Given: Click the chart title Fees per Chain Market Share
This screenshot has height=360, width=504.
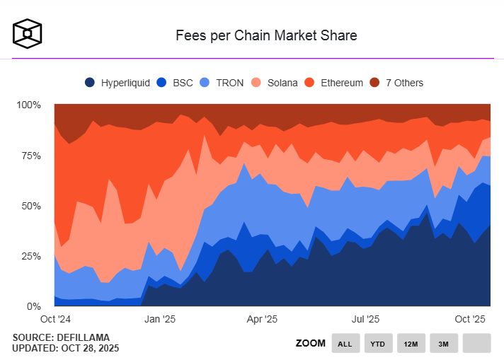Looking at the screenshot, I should click(x=266, y=35).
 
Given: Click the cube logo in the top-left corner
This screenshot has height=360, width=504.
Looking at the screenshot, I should click(x=28, y=34).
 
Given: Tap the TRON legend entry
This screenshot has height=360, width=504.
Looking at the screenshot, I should click(x=222, y=83).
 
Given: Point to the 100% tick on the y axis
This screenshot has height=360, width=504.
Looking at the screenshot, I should click(x=29, y=105).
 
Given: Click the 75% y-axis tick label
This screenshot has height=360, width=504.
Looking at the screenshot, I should click(x=31, y=156).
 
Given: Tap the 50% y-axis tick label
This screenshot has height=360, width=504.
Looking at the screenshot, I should click(x=31, y=206).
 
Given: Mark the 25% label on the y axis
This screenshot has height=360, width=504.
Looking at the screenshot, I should click(x=31, y=256).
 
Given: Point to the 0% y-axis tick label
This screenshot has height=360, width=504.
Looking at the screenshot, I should click(x=34, y=306).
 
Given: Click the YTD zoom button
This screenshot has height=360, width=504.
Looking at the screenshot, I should click(x=378, y=344).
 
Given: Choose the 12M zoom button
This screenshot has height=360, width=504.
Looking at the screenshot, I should click(x=411, y=344).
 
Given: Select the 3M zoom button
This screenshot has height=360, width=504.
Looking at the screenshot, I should click(x=443, y=344).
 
